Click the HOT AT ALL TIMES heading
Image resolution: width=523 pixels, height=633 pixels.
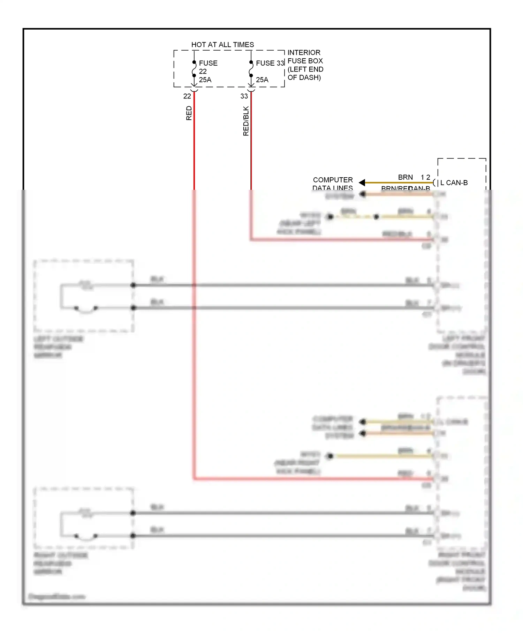pyautogui.click(x=222, y=45)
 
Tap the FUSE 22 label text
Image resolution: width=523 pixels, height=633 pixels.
pyautogui.click(x=208, y=63)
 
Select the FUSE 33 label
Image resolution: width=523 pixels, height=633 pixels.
pyautogui.click(x=270, y=63)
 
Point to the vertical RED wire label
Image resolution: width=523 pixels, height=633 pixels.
pyautogui.click(x=189, y=113)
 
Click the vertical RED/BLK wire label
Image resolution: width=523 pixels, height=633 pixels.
pyautogui.click(x=246, y=121)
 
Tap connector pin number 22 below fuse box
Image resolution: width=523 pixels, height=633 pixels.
pyautogui.click(x=187, y=96)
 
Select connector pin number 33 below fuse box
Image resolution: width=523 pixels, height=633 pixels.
pyautogui.click(x=244, y=96)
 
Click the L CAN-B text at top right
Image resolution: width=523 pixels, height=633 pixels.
pyautogui.click(x=454, y=183)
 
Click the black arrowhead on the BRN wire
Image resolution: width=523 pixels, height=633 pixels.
pyautogui.click(x=362, y=183)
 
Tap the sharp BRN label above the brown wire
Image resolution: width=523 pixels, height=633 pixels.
pyautogui.click(x=405, y=177)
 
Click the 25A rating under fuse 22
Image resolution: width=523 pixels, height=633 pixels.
pyautogui.click(x=205, y=80)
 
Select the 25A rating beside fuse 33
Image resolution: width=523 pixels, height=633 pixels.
pyautogui.click(x=262, y=80)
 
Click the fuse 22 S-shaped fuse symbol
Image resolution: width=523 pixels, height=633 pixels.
pyautogui.click(x=194, y=69)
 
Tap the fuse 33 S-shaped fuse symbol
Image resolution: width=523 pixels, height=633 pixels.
pyautogui.click(x=251, y=69)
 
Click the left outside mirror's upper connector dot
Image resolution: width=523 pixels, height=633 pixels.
pyautogui.click(x=133, y=285)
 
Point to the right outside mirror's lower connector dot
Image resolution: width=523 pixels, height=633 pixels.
pyautogui.click(x=133, y=536)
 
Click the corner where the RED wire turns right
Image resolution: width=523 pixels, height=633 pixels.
pyautogui.click(x=194, y=478)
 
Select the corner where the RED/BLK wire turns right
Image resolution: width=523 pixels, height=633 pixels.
pyautogui.click(x=251, y=239)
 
